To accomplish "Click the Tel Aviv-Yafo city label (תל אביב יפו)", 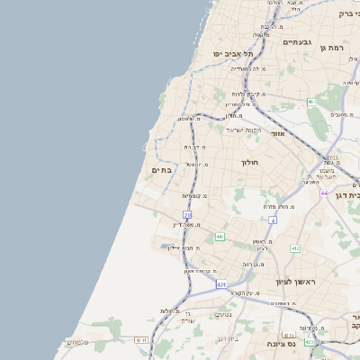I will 232,54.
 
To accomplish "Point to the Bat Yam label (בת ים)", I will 162,170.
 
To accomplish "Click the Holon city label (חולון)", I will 250,163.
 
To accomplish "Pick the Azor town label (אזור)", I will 277,133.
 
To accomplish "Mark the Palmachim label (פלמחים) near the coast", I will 77,342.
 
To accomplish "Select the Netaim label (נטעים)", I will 223,314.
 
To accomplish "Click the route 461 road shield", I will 311,102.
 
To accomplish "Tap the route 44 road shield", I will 323,193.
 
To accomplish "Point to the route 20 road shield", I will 187,214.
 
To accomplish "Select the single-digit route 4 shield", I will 272,219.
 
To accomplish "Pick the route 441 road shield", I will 220,237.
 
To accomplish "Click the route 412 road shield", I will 294,247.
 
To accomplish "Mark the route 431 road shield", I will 221,284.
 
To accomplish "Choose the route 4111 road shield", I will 141,339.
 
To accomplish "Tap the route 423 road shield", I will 310,342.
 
